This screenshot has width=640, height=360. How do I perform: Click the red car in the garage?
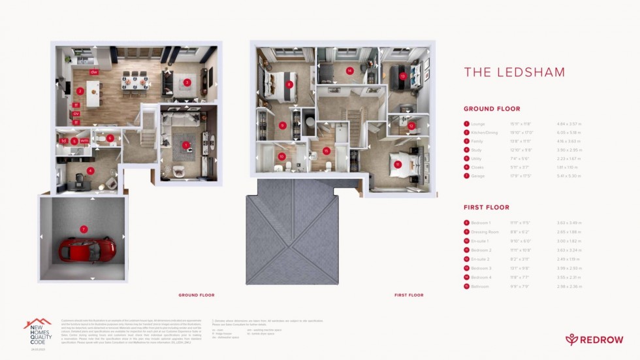click(88, 248)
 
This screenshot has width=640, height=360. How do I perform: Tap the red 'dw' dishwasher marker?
click(94, 71)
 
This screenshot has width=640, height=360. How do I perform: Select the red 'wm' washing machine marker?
click(84, 140)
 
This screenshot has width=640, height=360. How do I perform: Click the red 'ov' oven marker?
click(76, 113)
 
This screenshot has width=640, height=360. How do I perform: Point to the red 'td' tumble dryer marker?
click(64, 140)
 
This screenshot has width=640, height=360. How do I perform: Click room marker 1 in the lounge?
click(185, 145)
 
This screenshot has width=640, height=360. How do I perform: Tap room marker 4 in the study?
click(91, 171)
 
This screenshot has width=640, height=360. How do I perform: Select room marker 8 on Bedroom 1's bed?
click(289, 84)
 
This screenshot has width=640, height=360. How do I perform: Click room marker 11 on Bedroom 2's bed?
click(397, 165)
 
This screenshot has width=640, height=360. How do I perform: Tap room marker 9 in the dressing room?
click(282, 125)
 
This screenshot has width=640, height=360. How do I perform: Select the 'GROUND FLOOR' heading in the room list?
click(492, 108)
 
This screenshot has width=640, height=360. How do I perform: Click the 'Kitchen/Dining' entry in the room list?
click(485, 133)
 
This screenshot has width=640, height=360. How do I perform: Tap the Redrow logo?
click(594, 338)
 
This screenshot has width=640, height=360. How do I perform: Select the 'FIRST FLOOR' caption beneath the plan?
click(409, 295)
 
